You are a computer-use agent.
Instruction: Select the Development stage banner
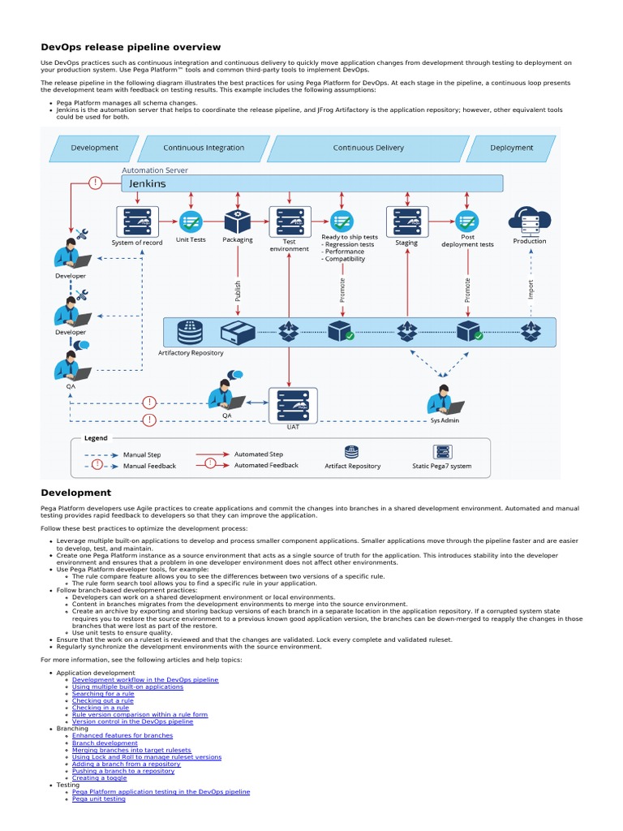point(94,148)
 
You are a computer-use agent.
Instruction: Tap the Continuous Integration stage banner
point(204,148)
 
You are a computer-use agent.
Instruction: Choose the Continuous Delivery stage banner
point(368,148)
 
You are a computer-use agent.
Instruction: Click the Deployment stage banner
point(511,148)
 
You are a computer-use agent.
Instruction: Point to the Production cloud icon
point(530,219)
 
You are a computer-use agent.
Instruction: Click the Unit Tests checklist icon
point(191,221)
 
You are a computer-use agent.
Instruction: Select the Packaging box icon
point(238,220)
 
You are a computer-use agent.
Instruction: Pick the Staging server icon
point(406,221)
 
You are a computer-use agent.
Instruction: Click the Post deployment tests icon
point(466,221)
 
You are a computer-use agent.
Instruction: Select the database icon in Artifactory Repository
point(191,331)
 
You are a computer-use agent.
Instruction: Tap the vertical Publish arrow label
point(238,291)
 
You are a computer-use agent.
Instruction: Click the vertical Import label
point(531,289)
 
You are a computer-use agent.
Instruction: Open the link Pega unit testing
point(99,799)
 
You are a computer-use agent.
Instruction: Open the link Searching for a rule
point(103,694)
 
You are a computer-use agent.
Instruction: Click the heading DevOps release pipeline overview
point(131,47)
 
